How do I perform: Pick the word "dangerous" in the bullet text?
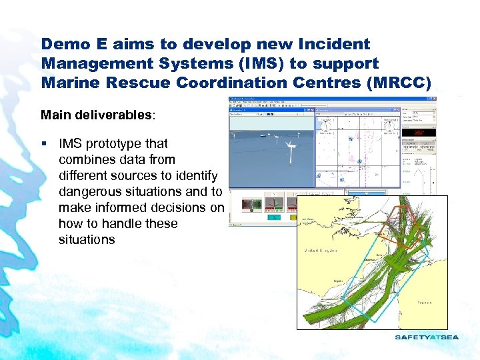89,191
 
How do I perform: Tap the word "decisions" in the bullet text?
180,207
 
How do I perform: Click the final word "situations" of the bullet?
87,239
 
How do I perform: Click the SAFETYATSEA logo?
427,337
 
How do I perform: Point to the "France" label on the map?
425,302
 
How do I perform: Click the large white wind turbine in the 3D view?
291,152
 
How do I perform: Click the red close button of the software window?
433,100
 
